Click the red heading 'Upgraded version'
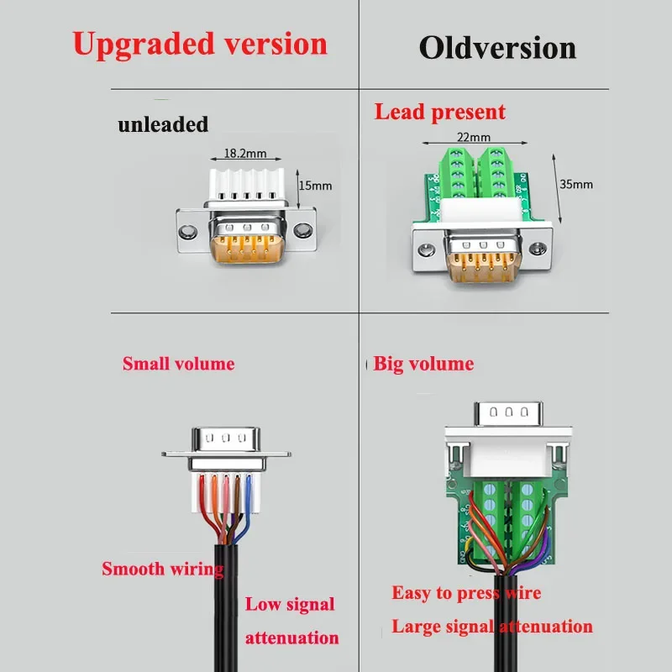(x=200, y=43)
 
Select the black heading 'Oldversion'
(x=497, y=48)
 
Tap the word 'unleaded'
(x=163, y=125)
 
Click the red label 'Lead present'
(x=440, y=112)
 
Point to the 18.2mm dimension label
(x=244, y=154)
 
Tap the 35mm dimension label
(x=575, y=184)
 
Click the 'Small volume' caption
(x=178, y=364)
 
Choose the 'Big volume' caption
(x=423, y=364)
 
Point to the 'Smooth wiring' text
(x=163, y=569)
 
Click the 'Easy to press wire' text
(x=466, y=593)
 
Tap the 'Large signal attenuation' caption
(x=492, y=627)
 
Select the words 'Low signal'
(x=290, y=604)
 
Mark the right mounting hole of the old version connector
(x=534, y=249)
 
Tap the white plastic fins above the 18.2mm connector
(x=244, y=183)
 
